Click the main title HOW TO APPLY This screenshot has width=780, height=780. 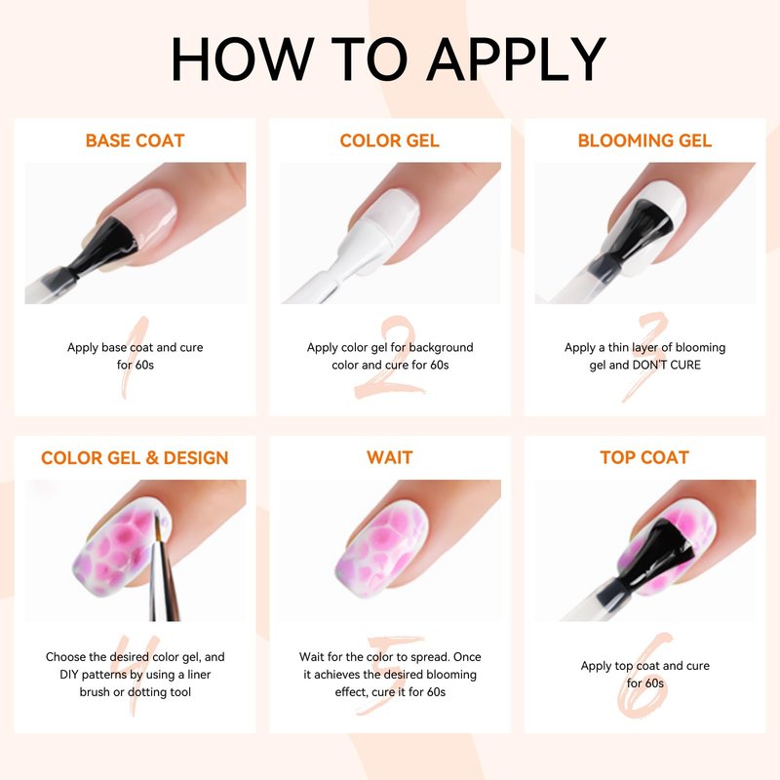pos(388,58)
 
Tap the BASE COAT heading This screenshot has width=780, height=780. pos(135,140)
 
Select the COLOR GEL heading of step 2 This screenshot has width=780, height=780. pos(389,140)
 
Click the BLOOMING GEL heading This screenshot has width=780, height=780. pos(644,140)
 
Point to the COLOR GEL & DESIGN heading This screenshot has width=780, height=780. pos(135,457)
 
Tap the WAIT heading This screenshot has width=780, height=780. pos(389,457)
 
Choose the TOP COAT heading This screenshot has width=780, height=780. pos(644,457)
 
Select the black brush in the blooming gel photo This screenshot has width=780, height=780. pos(632,234)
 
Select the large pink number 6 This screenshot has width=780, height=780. pos(644,676)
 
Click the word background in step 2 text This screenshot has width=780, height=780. pos(442,348)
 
